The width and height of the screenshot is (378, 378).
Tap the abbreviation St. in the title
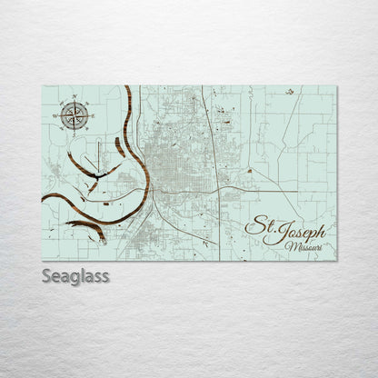tap(259, 225)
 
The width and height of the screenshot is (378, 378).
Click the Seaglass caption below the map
tap(75, 275)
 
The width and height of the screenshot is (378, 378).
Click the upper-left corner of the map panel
tap(43, 86)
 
